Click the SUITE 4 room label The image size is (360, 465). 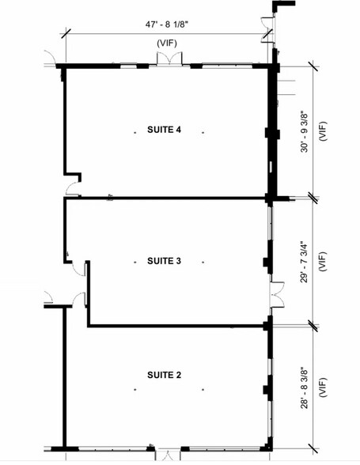tap(164, 130)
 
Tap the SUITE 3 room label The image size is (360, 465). tap(164, 261)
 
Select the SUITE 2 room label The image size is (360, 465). tap(164, 375)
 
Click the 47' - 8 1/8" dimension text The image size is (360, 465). tap(167, 25)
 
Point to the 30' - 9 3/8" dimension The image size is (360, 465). tap(305, 131)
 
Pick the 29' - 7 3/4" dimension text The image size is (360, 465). tap(305, 262)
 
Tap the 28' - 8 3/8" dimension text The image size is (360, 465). tap(305, 389)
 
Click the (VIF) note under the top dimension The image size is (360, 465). tap(167, 43)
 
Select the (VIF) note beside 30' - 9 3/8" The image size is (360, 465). tap(322, 131)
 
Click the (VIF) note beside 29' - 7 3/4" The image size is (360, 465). tap(322, 261)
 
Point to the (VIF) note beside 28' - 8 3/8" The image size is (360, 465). tap(322, 387)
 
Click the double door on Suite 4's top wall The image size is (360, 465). tap(169, 59)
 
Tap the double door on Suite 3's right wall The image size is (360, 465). tap(277, 294)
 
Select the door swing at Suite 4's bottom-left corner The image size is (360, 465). tap(74, 189)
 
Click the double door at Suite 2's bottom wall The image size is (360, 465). tap(168, 455)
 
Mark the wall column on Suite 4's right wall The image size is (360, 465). tap(272, 134)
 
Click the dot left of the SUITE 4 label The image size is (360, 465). tap(135, 133)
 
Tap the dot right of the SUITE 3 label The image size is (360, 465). tap(203, 263)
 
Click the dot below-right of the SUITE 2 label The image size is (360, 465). tap(203, 389)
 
